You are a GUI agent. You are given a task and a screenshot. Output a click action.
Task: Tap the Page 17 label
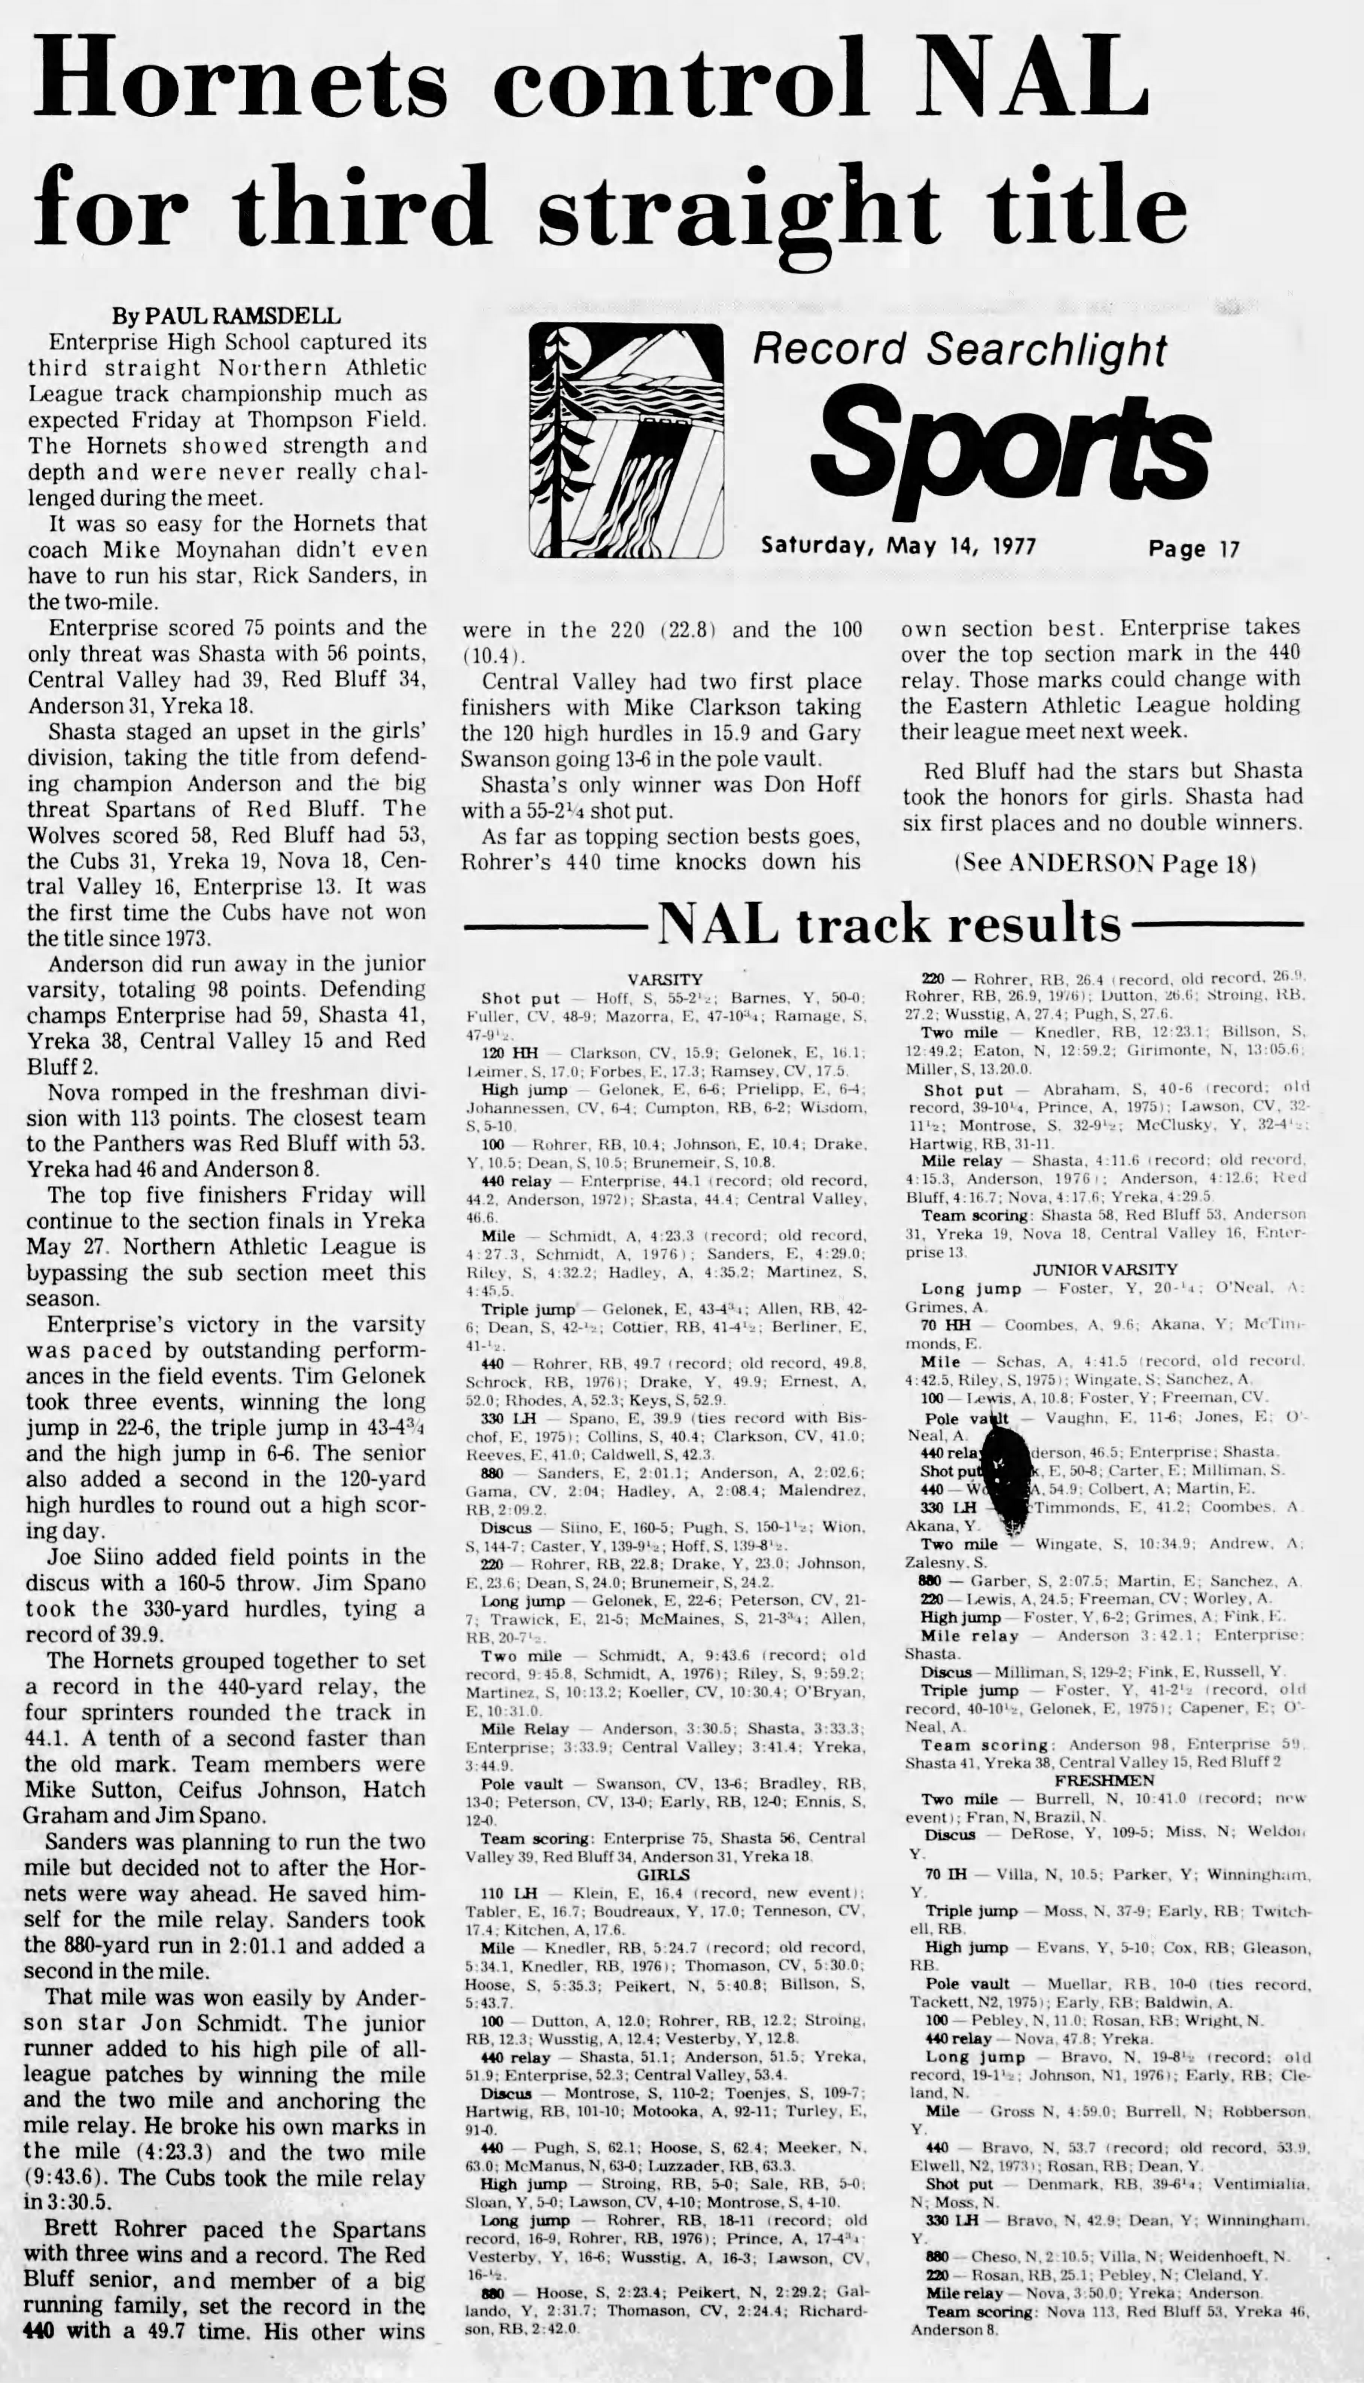[1193, 548]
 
